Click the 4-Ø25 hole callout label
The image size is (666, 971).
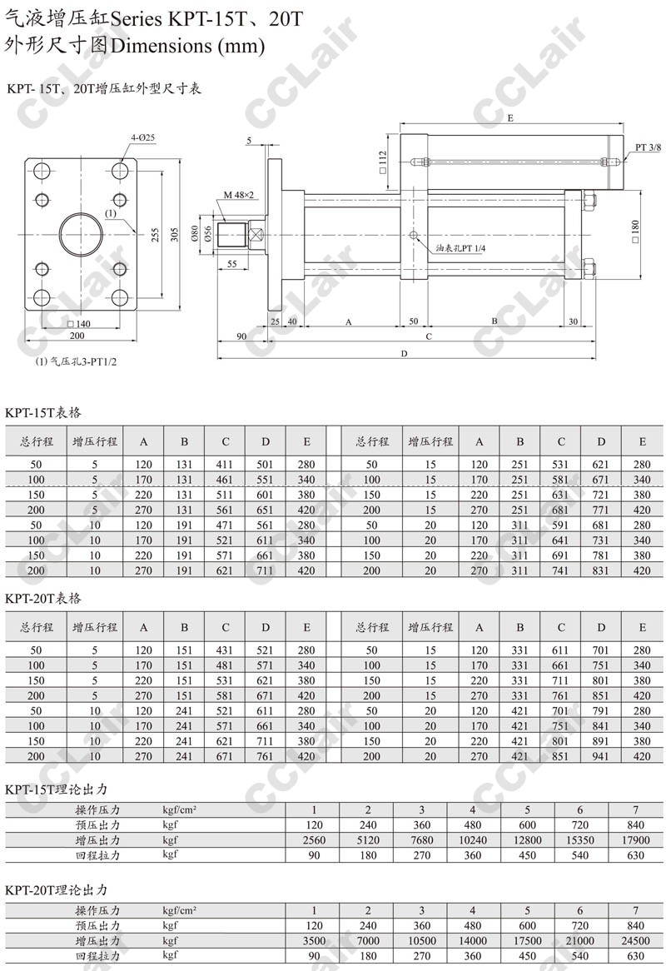click(x=142, y=137)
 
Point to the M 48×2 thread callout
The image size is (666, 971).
click(x=239, y=194)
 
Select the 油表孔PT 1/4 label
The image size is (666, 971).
click(x=465, y=247)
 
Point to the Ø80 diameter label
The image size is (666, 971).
click(x=196, y=234)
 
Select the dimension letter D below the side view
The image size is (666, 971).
click(x=404, y=354)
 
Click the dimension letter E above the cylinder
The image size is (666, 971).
click(x=509, y=119)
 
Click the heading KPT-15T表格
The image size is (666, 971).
click(x=43, y=412)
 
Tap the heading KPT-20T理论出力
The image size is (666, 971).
click(x=57, y=890)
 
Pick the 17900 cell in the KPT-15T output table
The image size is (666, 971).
click(x=635, y=839)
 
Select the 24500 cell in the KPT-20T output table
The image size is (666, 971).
click(x=635, y=940)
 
